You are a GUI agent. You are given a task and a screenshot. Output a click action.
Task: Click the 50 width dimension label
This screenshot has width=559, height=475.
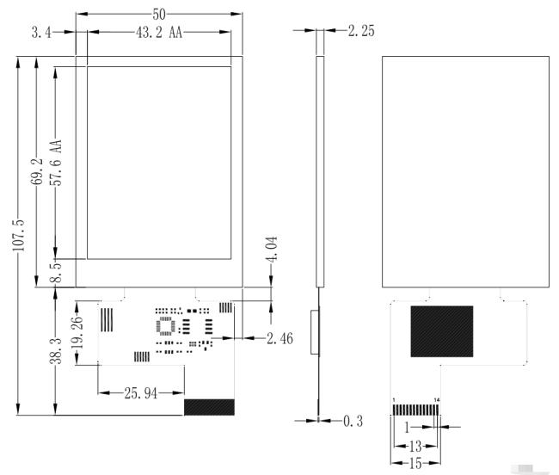pyautogui.click(x=159, y=15)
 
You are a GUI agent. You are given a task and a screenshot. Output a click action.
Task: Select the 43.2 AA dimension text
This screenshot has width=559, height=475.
pyautogui.click(x=159, y=33)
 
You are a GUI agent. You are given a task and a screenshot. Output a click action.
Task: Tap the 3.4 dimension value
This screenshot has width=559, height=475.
pyautogui.click(x=41, y=33)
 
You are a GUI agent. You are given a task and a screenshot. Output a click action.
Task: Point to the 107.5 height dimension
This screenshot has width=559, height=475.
pyautogui.click(x=19, y=235)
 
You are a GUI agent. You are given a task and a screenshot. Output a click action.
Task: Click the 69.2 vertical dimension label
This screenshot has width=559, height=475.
pyautogui.click(x=37, y=171)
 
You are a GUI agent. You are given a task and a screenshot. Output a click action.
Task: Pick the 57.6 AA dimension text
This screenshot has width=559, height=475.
pyautogui.click(x=55, y=163)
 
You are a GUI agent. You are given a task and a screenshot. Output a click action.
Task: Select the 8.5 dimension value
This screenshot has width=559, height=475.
pyautogui.click(x=55, y=272)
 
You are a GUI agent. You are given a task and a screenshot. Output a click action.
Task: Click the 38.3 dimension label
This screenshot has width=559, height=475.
pyautogui.click(x=55, y=351)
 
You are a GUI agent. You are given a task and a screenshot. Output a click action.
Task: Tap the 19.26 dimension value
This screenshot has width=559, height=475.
pyautogui.click(x=77, y=332)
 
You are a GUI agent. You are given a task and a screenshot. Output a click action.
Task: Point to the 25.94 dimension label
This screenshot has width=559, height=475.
pyautogui.click(x=140, y=393)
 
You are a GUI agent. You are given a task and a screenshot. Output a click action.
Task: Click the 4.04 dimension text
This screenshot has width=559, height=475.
pyautogui.click(x=272, y=249)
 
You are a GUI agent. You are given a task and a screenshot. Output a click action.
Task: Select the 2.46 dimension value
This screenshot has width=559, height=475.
pyautogui.click(x=279, y=338)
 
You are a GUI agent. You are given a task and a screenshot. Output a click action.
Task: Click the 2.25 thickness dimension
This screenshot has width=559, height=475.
pyautogui.click(x=361, y=31)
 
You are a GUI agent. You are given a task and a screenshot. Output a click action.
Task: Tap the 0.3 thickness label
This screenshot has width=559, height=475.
pyautogui.click(x=353, y=421)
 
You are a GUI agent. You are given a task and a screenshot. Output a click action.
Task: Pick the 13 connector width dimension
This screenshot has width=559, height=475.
pyautogui.click(x=415, y=446)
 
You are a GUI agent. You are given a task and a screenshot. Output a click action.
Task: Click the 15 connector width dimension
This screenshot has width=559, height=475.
pyautogui.click(x=415, y=463)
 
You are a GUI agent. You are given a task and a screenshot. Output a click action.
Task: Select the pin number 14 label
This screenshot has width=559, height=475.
pyautogui.click(x=437, y=400)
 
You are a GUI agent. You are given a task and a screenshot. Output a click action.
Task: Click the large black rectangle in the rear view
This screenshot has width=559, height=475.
pyautogui.click(x=442, y=331)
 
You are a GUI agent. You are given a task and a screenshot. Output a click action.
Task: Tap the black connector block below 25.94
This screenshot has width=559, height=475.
pyautogui.click(x=209, y=407)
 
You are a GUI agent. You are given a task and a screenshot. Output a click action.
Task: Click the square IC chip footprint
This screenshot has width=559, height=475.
pyautogui.click(x=166, y=326)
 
